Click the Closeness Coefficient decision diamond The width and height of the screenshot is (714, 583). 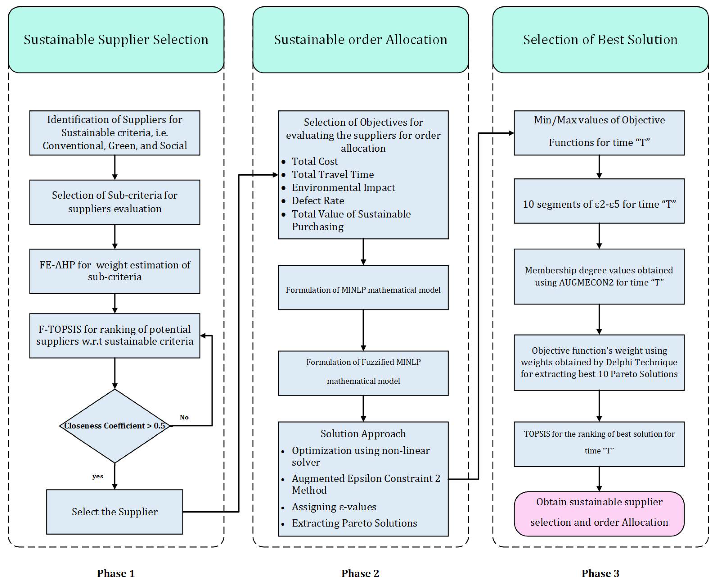(115, 426)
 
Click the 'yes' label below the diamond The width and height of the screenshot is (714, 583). (98, 476)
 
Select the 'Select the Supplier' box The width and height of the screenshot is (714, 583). (115, 512)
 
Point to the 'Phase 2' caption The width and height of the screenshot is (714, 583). (360, 573)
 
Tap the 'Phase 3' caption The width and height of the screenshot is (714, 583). (600, 573)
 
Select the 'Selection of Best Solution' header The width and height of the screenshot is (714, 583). (600, 40)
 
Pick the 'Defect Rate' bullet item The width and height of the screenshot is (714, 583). (318, 200)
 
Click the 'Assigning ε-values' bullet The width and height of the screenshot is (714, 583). (334, 507)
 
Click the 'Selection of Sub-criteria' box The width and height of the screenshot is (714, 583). (115, 202)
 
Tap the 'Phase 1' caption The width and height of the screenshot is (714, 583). (116, 573)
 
